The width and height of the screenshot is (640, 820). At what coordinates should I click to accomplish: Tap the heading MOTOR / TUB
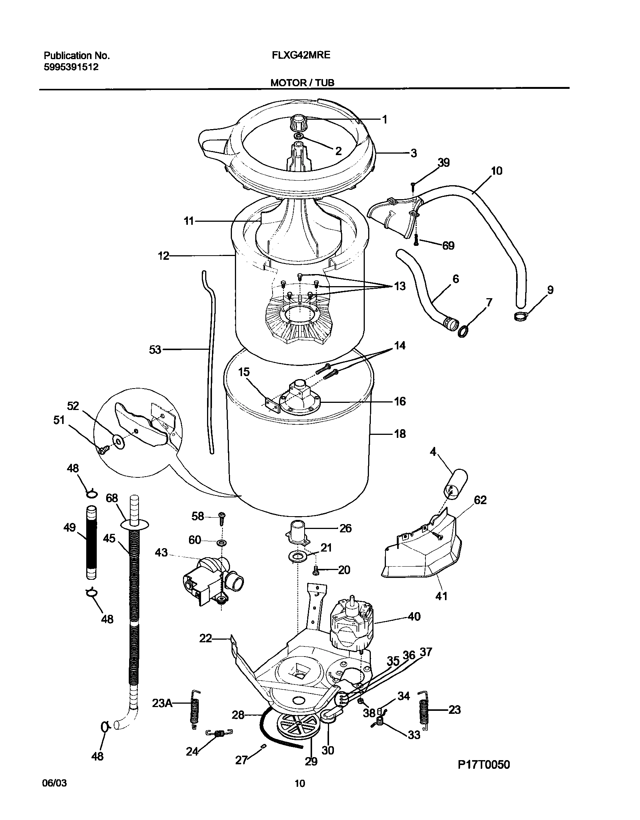(302, 83)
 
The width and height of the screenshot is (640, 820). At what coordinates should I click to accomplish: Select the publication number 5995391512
(71, 67)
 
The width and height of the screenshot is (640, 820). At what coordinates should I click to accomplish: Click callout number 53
(155, 350)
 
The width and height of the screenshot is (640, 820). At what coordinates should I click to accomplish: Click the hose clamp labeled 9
(520, 316)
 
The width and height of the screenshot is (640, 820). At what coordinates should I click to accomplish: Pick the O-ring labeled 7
(463, 332)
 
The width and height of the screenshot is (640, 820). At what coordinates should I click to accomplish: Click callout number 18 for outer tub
(400, 434)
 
